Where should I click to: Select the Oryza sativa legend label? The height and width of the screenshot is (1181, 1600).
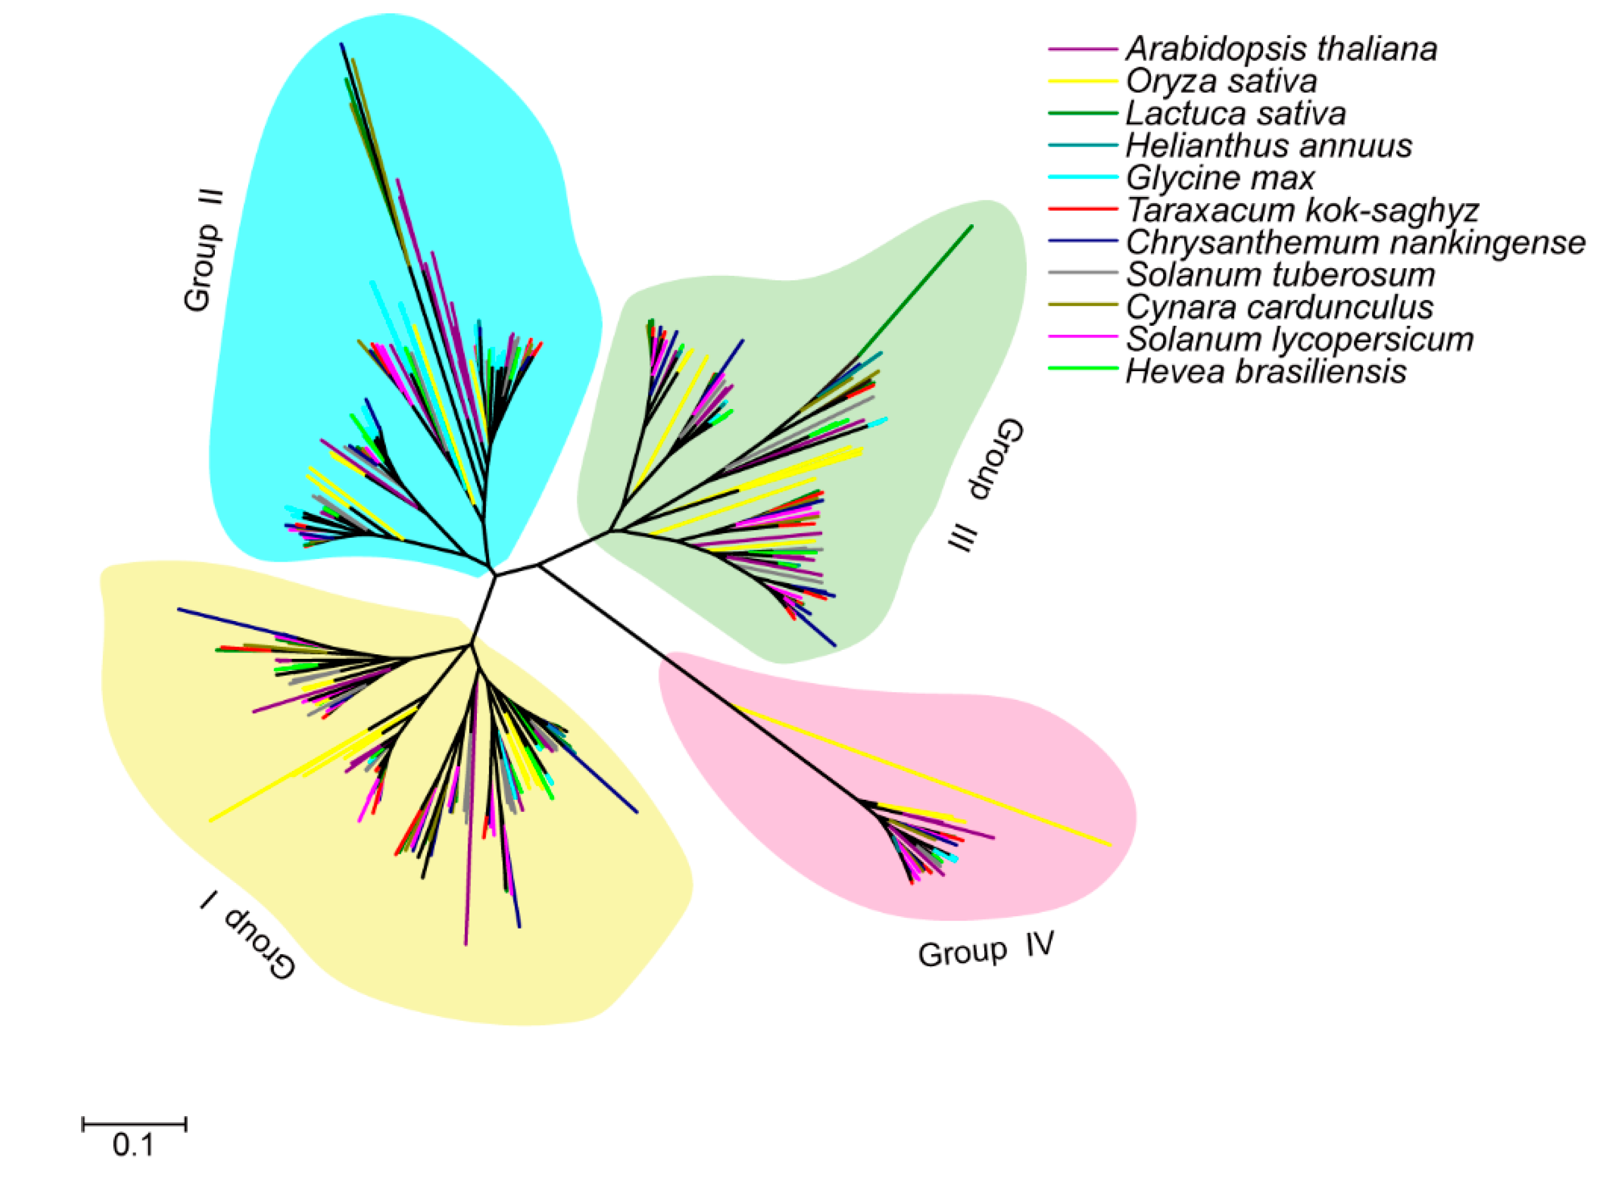[1221, 81]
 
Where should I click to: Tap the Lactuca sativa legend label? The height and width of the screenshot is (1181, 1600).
[1235, 113]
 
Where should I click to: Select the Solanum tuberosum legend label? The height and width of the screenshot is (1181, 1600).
[1280, 275]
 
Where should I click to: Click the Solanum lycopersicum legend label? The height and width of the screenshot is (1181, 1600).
[1300, 339]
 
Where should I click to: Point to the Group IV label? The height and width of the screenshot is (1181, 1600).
[986, 950]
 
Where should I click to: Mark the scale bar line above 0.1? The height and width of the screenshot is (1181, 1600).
[134, 1124]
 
